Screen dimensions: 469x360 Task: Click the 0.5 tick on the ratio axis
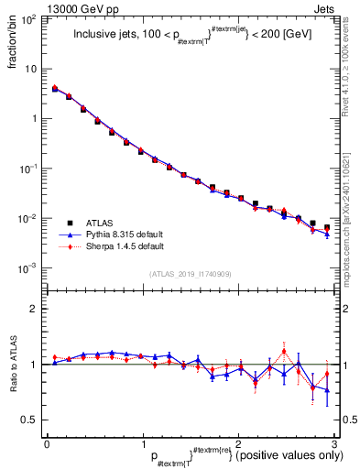tap(31, 420)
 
